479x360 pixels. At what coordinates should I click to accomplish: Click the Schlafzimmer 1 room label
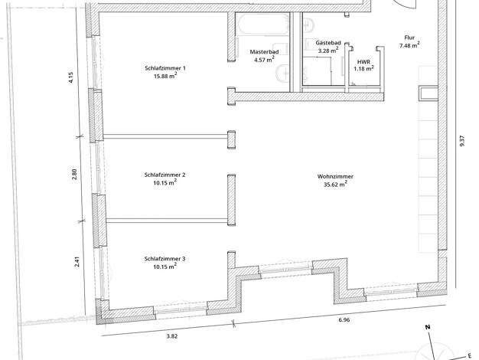point(165,68)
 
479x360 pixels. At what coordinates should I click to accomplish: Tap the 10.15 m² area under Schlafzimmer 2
point(165,183)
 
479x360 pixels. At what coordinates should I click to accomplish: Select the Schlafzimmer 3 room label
point(165,259)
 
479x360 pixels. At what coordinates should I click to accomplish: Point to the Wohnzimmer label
point(335,176)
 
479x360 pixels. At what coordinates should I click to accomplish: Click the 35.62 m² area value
point(335,185)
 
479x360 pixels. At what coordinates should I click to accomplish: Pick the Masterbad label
point(264,52)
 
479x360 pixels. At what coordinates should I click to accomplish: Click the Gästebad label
point(328,43)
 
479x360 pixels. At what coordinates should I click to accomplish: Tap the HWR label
point(363,62)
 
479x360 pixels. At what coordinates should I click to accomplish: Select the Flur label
point(409,38)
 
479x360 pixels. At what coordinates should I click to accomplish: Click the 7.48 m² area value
point(409,45)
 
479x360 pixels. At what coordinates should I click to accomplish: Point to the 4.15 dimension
point(71,77)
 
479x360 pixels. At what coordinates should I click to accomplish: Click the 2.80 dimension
point(75,174)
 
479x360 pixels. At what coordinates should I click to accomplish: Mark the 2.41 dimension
point(77,261)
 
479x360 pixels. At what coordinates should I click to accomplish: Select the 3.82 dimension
point(172,336)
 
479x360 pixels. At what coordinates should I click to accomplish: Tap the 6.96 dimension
point(344,320)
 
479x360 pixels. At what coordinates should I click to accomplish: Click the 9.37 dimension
point(461,141)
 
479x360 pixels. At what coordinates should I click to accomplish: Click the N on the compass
point(428,327)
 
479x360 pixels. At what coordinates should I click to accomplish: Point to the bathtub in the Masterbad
point(263,24)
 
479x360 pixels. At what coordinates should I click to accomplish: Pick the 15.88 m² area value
point(165,76)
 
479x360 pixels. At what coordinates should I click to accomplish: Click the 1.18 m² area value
point(363,69)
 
